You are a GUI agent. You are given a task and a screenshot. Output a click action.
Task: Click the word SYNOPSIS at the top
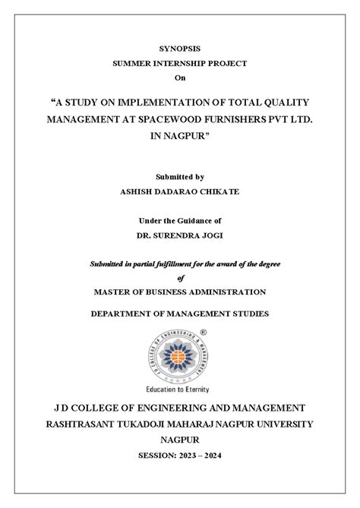pos(179,48)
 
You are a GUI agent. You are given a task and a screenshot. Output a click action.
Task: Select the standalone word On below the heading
pos(179,77)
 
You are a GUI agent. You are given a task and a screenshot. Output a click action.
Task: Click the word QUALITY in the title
pos(282,101)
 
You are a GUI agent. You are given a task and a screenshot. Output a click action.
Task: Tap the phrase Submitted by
pos(179,177)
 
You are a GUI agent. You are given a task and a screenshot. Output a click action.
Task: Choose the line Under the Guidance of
pos(179,220)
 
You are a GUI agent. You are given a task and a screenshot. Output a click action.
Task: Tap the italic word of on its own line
pos(180,277)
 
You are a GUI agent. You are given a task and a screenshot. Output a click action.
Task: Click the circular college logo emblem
pos(180,352)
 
